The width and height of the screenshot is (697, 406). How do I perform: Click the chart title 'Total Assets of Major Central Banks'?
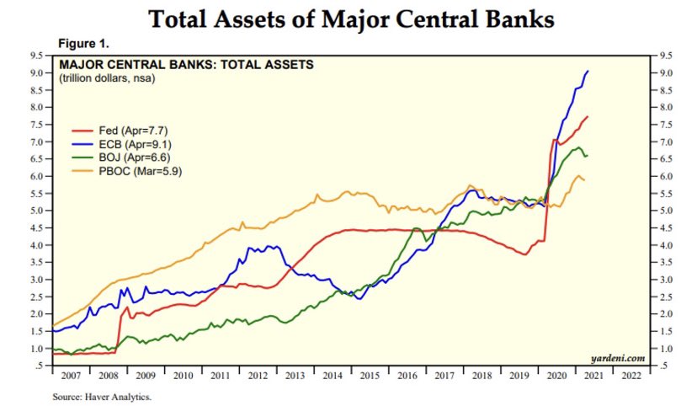(351, 19)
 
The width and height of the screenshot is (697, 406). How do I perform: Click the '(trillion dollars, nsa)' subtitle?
(108, 77)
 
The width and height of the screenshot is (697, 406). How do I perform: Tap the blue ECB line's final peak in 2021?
(587, 72)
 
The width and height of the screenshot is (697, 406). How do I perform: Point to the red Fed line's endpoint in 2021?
(587, 116)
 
